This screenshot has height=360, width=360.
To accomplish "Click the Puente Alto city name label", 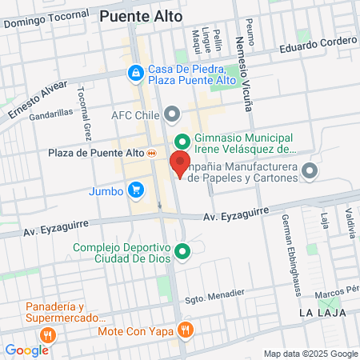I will tap(141, 15).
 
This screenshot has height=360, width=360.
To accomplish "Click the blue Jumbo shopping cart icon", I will tap(136, 190).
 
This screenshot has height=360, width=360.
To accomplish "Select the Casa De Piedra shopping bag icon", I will tap(134, 74).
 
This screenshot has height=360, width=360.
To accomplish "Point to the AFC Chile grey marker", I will tap(170, 114).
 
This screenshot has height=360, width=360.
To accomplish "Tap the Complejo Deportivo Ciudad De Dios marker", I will tap(182, 254).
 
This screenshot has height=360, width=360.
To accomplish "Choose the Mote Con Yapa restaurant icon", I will tap(186, 330).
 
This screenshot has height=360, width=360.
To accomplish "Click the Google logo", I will tap(26, 350).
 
